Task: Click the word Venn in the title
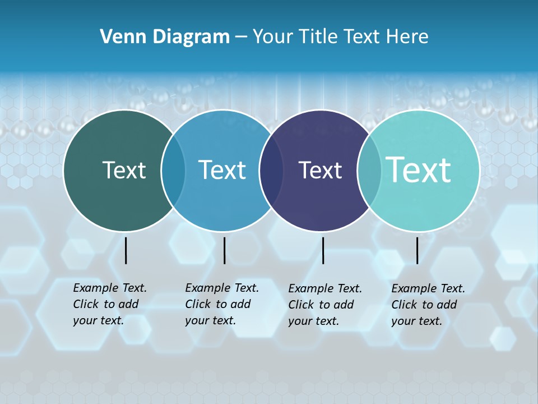coord(121,37)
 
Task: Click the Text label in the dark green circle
coord(124,170)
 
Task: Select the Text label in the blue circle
coord(222,170)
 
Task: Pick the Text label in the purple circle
coord(320,170)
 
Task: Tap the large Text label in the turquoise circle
coord(419,169)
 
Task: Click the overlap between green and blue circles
coord(173,170)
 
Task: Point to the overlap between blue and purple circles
coord(271,170)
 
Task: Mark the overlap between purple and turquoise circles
coord(369,170)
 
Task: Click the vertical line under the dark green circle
coord(126,250)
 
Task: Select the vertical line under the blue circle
coord(224,250)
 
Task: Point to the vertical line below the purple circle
coord(323,250)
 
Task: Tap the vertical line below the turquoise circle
coord(417,250)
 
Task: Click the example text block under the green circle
coord(110,304)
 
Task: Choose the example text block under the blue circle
coord(222,304)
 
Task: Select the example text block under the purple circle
coord(325,305)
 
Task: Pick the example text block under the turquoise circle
coord(428,305)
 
